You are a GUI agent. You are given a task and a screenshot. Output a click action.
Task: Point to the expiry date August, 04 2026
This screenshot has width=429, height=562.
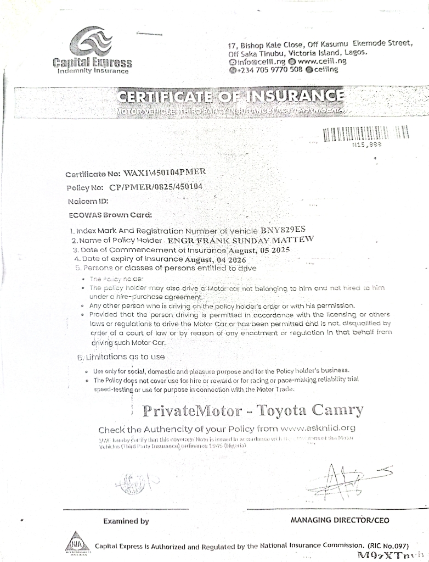tap(215, 259)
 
